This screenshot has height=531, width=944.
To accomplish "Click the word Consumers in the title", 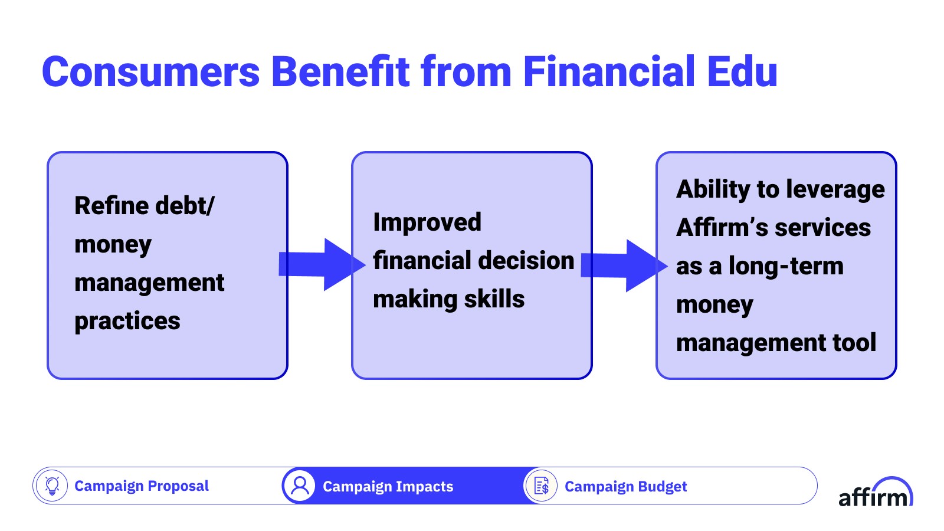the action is coord(151,71).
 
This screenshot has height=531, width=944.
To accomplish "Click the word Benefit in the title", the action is coord(340,71).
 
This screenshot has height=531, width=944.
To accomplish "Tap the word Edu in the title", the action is coord(742,71).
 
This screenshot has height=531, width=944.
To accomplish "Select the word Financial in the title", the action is coord(608,71).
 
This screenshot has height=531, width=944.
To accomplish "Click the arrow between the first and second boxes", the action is coord(322,265).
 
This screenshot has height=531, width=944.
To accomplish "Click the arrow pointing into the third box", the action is coord(624,265).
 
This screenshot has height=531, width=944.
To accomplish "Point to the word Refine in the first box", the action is coord(112,206).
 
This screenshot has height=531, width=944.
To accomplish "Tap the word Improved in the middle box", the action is coord(427,223).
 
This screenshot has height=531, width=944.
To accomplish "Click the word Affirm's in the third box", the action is coord(722,228).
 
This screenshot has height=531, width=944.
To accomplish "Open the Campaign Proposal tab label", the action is coord(142,486).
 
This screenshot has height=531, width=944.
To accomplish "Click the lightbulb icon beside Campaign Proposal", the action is coord(52,486).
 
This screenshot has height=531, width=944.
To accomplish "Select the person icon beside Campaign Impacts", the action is coord(300,486).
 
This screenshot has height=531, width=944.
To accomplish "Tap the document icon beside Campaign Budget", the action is coord(542,486).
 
